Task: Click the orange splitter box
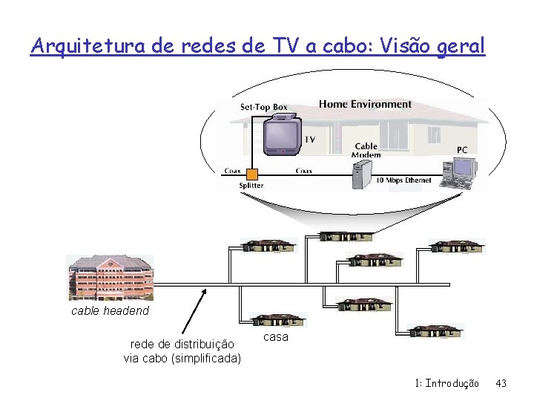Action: click(252, 175)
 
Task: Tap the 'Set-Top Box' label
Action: click(263, 107)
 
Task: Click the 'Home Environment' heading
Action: click(365, 104)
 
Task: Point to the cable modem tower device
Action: click(363, 175)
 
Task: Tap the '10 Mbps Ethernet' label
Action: click(403, 180)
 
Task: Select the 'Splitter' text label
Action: click(251, 185)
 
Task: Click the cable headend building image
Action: click(110, 278)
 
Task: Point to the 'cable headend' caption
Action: click(110, 311)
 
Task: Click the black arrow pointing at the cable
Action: click(194, 311)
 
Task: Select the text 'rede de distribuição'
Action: click(182, 345)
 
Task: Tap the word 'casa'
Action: click(276, 337)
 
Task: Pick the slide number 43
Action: click(501, 383)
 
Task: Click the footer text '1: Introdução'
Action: click(447, 383)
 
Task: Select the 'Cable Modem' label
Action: click(366, 150)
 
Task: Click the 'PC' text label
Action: click(462, 150)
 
